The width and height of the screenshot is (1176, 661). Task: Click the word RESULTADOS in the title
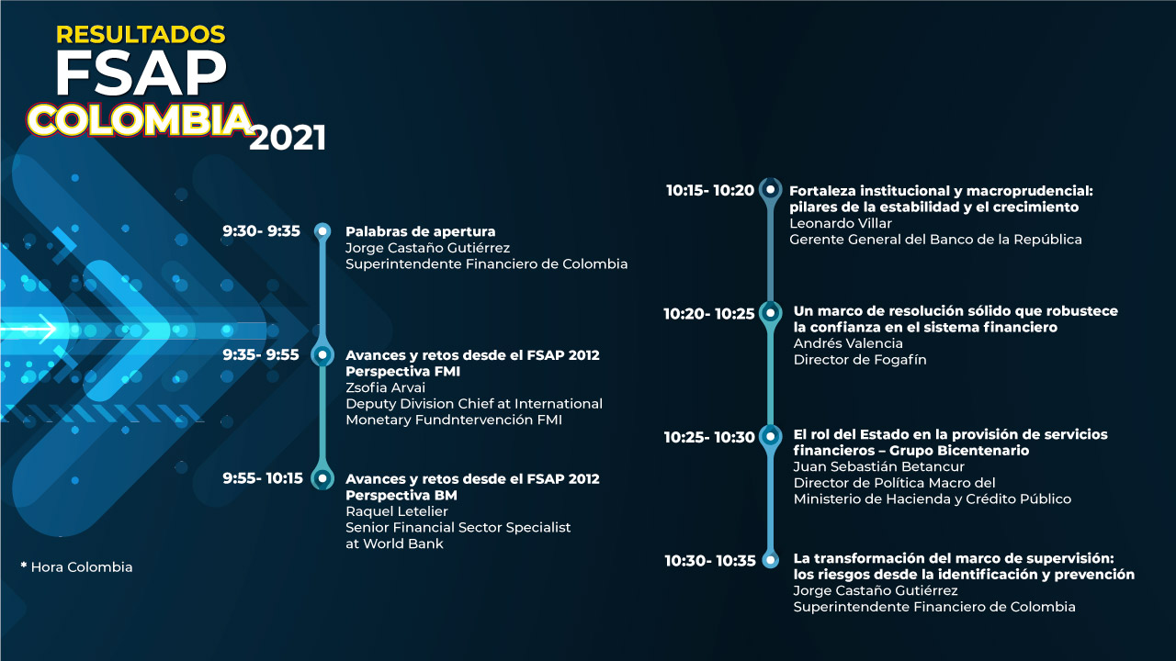click(141, 35)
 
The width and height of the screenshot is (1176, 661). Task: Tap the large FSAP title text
click(141, 73)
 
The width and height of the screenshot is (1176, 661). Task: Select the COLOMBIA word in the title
click(140, 119)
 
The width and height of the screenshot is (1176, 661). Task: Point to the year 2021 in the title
click(288, 139)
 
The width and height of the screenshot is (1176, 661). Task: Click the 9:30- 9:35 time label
click(261, 231)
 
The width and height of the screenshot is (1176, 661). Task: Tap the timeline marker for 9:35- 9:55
click(322, 354)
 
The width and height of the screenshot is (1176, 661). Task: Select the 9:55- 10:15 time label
click(263, 478)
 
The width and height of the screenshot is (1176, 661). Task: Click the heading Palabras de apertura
click(420, 231)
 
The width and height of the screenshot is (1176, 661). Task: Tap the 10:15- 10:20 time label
click(709, 191)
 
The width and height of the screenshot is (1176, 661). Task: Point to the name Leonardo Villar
click(841, 223)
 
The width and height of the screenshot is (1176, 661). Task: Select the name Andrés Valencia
click(848, 343)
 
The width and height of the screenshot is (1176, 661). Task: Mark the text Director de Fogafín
click(860, 360)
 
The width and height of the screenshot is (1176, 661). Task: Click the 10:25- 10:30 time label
click(709, 437)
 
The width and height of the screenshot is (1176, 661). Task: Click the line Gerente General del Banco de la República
click(935, 240)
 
